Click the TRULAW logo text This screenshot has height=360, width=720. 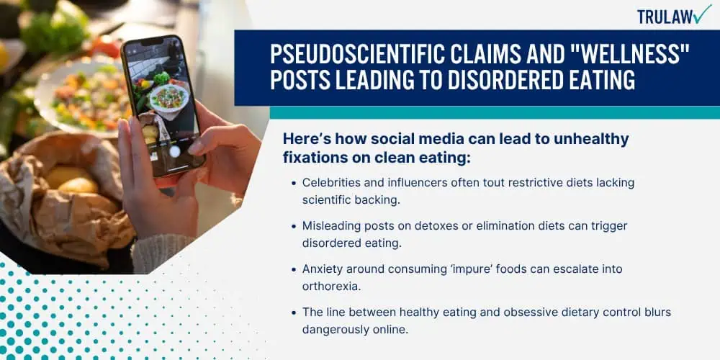pyautogui.click(x=665, y=17)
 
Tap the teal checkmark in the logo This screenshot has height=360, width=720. pyautogui.click(x=702, y=14)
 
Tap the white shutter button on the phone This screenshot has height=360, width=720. pyautogui.click(x=174, y=151)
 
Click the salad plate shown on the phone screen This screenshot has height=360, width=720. pyautogui.click(x=168, y=98)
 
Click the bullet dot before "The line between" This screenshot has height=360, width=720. pyautogui.click(x=294, y=312)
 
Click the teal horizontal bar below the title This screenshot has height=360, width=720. pyautogui.click(x=495, y=112)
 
